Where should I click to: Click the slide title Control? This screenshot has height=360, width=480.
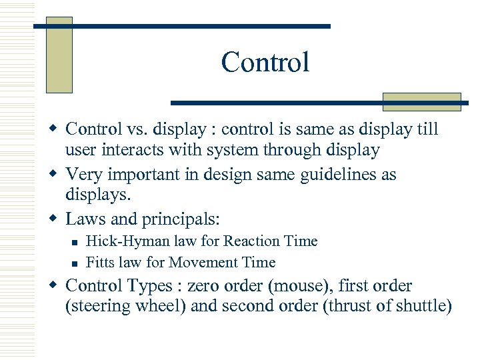tap(265, 63)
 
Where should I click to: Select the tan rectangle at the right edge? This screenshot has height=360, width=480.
tap(421, 101)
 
